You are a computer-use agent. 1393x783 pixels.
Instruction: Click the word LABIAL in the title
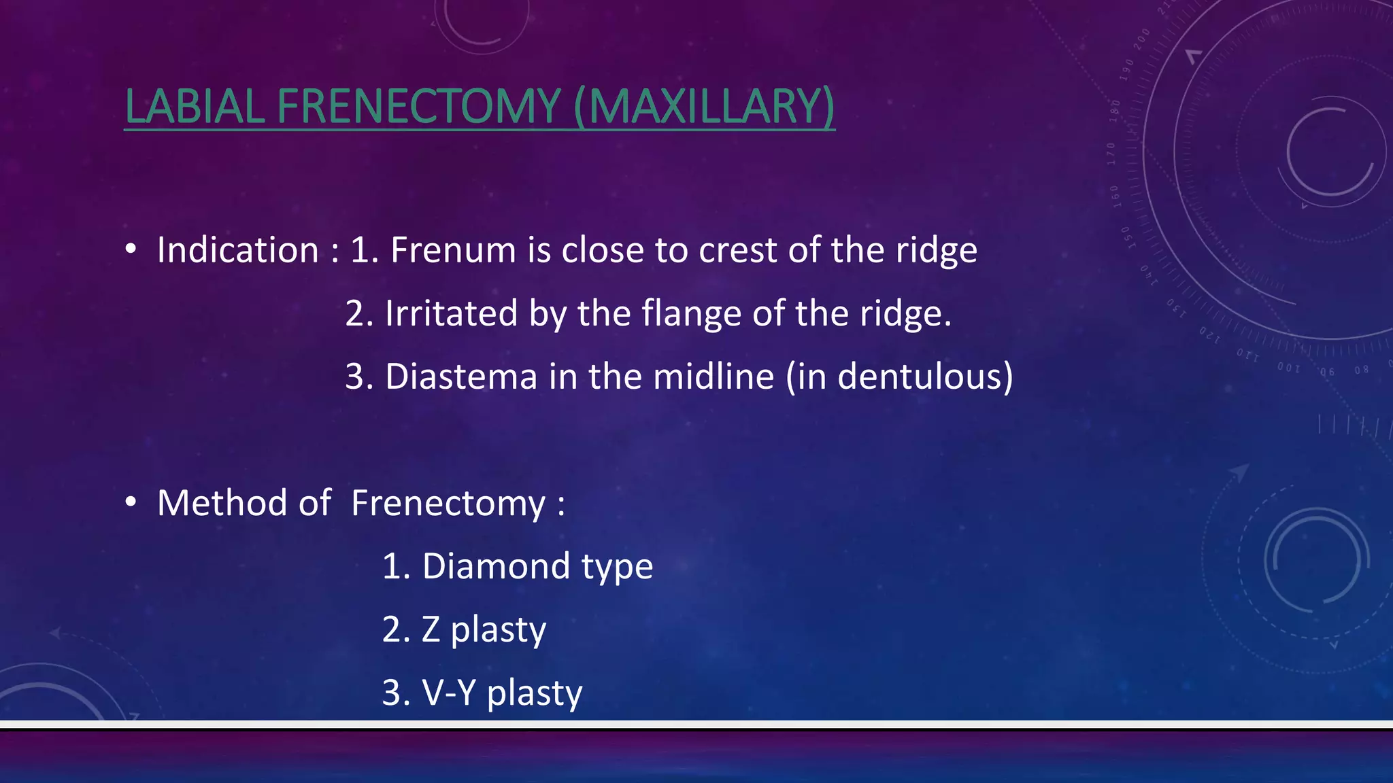(195, 107)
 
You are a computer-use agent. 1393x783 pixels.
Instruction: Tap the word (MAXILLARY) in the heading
(704, 107)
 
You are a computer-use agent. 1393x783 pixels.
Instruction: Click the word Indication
(237, 250)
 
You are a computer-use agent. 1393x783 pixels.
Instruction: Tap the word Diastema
(461, 377)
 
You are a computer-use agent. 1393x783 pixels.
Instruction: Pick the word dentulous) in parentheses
(925, 377)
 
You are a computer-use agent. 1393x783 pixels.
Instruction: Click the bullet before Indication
(131, 249)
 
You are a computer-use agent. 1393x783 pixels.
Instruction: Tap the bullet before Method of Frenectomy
(131, 502)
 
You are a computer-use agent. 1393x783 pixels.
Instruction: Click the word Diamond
(496, 566)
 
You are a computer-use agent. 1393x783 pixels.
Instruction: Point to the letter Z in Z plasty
(431, 629)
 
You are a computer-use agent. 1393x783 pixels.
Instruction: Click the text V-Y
(449, 693)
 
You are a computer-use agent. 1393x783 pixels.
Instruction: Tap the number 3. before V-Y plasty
(396, 693)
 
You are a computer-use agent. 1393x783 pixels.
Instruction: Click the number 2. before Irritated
(359, 313)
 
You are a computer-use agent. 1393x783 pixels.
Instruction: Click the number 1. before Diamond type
(396, 566)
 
